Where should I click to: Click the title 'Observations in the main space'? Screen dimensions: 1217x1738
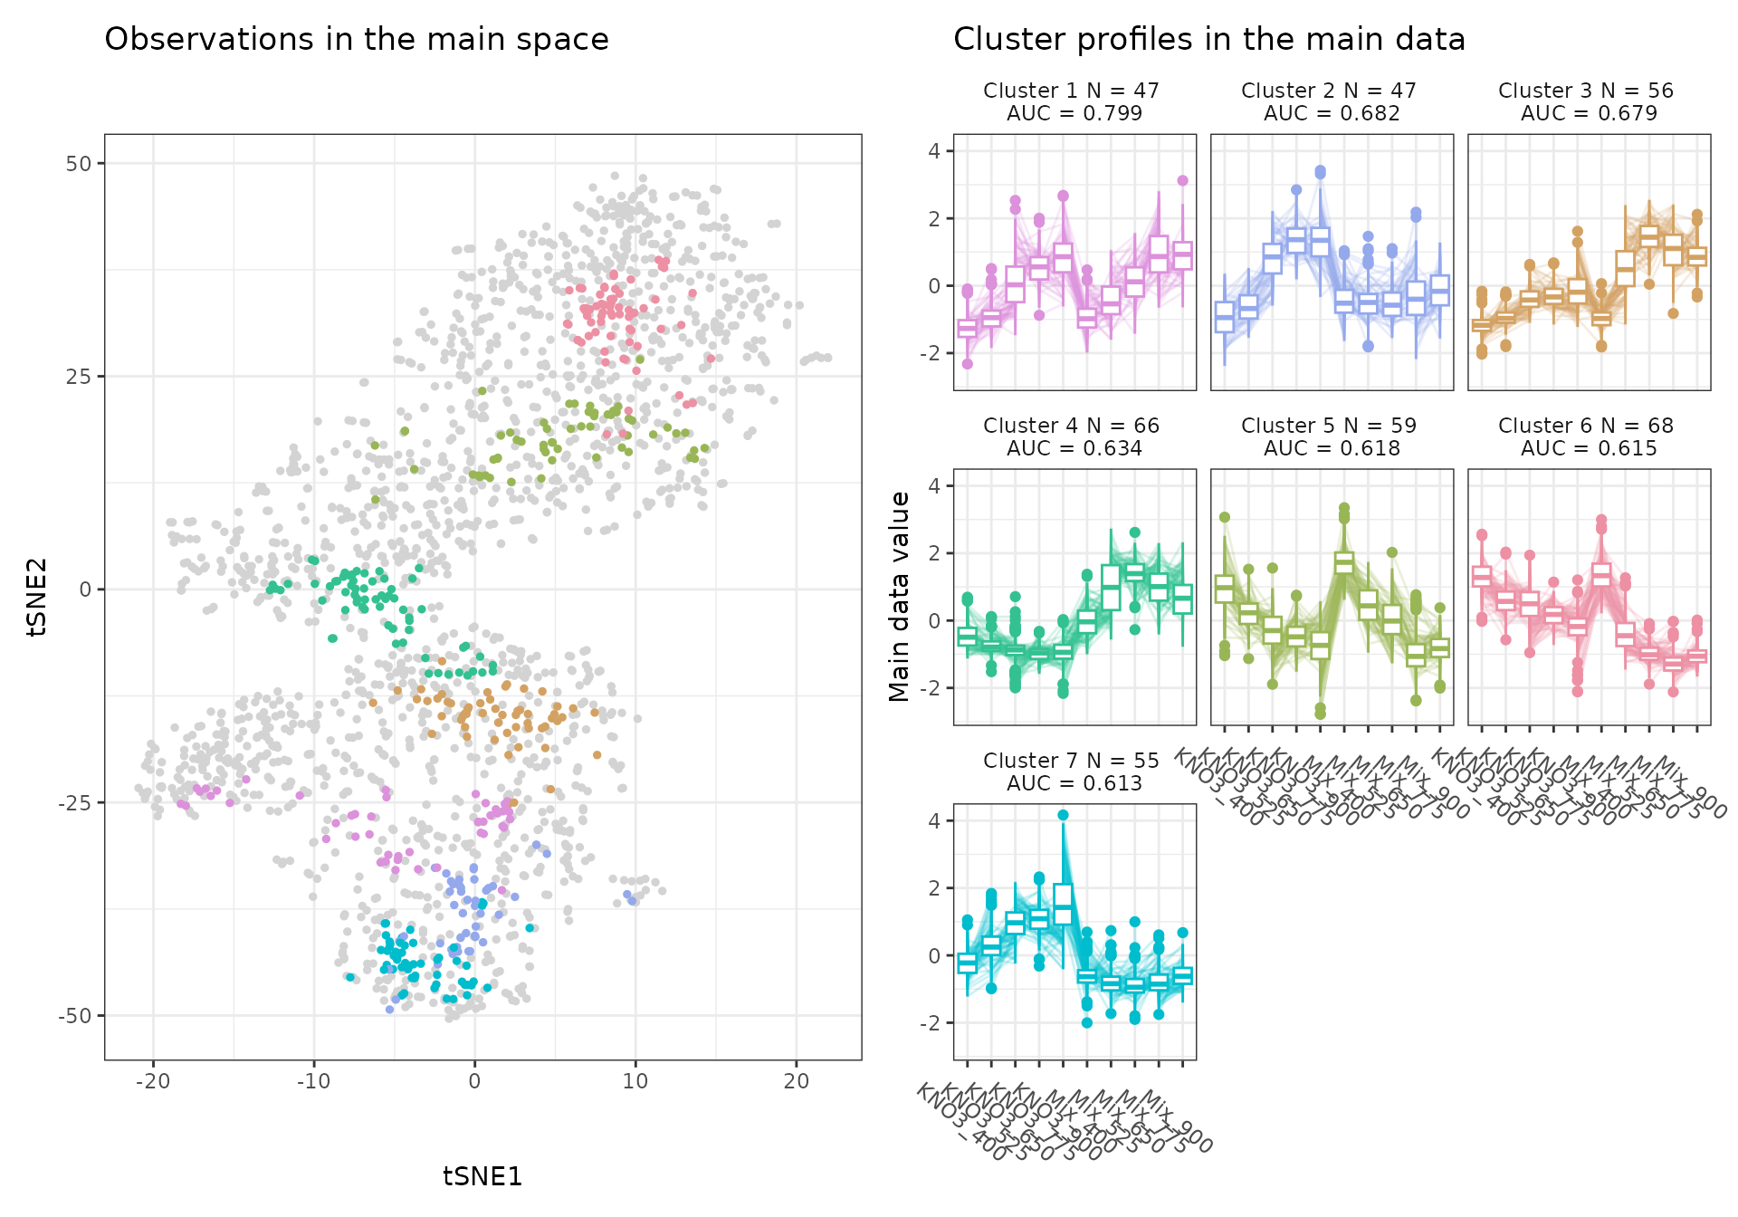(357, 40)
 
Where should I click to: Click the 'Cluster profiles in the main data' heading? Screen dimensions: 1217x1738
(1208, 40)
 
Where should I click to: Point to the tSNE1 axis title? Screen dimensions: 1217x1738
(482, 1176)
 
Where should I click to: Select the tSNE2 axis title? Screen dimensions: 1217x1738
(37, 597)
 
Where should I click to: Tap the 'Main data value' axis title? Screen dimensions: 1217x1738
(899, 597)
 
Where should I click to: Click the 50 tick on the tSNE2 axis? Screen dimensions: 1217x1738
(79, 164)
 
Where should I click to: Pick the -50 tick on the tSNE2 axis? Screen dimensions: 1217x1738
(75, 1016)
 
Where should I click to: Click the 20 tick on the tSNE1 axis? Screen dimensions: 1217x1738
(797, 1080)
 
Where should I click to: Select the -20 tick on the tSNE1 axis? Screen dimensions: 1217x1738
(152, 1080)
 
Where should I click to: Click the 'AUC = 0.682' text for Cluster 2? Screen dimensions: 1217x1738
(1332, 114)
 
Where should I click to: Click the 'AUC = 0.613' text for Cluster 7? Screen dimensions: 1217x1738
(1074, 784)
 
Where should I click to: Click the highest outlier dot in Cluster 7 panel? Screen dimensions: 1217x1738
(1064, 815)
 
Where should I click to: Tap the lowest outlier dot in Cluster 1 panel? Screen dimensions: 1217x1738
(968, 364)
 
